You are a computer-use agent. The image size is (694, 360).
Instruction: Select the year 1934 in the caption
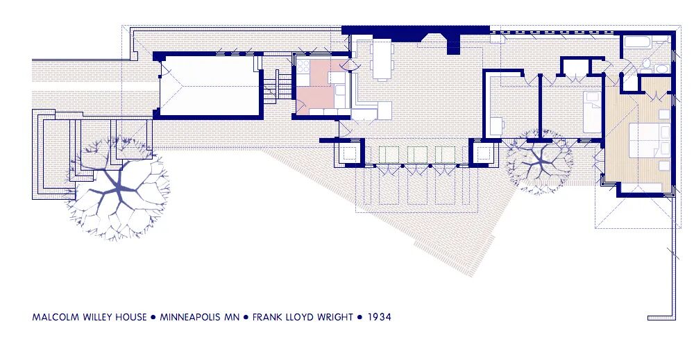click(380, 317)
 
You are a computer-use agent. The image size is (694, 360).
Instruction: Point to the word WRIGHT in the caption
click(336, 317)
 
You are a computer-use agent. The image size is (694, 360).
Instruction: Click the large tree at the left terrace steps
click(119, 189)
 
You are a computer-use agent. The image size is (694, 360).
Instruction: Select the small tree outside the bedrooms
click(539, 162)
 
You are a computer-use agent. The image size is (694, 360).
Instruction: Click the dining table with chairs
click(382, 59)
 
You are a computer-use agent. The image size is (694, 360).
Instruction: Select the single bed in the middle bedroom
click(592, 112)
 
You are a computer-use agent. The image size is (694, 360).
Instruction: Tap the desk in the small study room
click(496, 127)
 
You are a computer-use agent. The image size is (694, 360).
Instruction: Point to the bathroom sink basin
click(661, 71)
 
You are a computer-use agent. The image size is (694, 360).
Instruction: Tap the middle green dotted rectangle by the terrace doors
click(417, 155)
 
